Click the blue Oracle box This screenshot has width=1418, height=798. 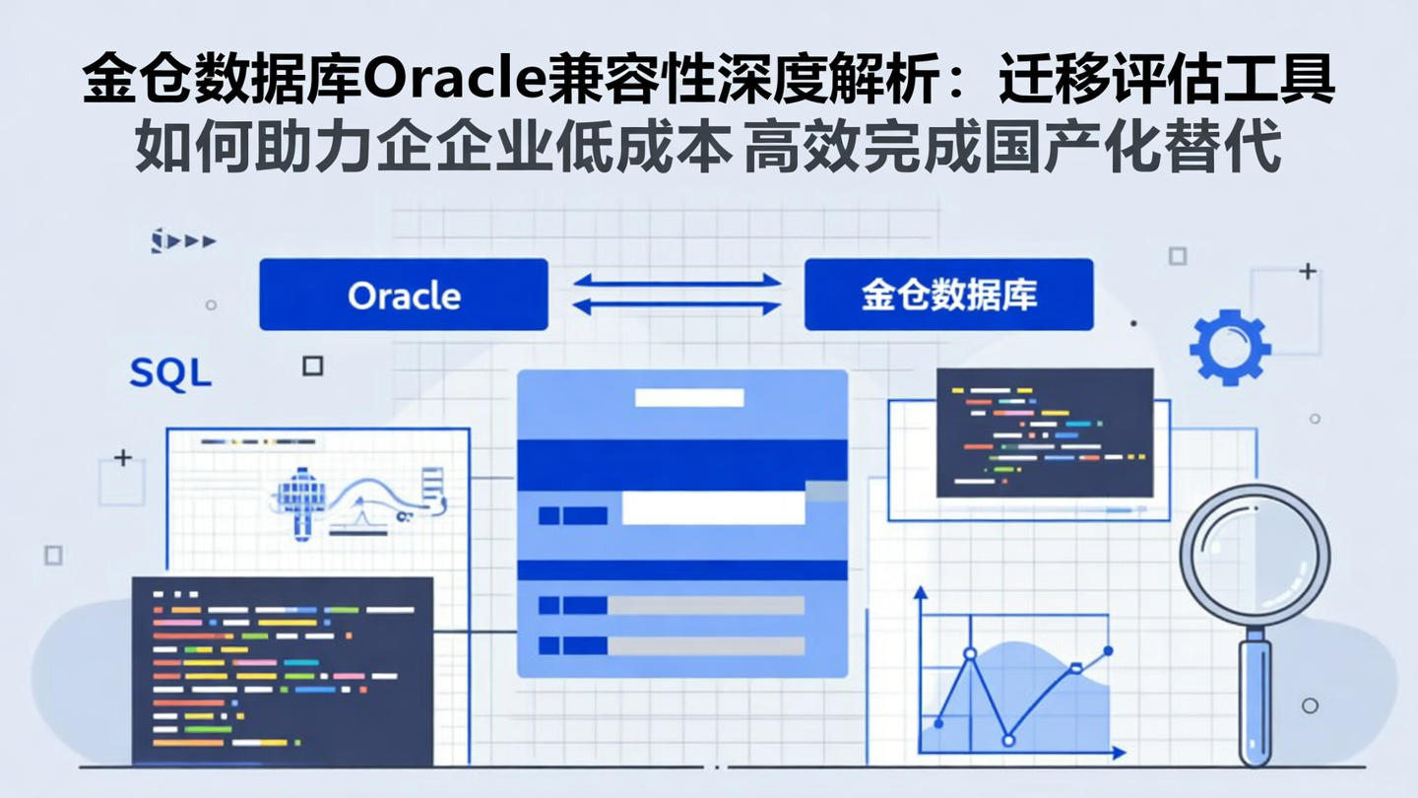[403, 295]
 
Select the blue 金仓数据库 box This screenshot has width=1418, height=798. [948, 295]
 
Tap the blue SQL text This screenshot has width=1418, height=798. [170, 373]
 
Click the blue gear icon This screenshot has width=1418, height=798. [1230, 347]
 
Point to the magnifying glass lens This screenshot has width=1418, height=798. [1255, 556]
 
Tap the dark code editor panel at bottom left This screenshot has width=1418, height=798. [282, 670]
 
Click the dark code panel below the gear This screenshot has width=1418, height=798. [1044, 432]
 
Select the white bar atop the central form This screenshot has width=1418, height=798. [688, 398]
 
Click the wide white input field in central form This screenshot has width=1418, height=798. [713, 508]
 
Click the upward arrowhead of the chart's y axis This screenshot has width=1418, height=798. [921, 592]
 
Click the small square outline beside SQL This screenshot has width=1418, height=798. [312, 366]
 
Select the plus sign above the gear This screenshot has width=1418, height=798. [1307, 271]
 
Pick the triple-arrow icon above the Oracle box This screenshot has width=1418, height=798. [183, 240]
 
